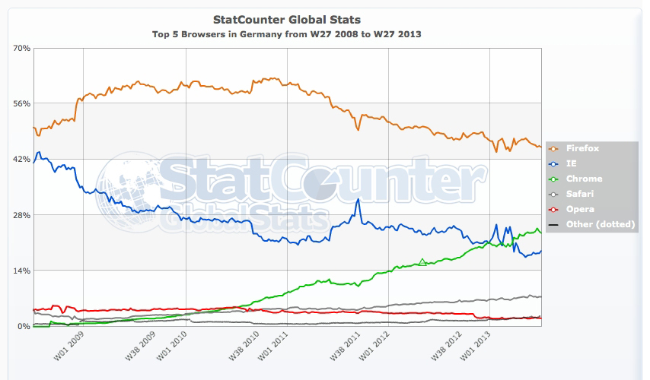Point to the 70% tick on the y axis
(x=21, y=48)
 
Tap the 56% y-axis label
(x=21, y=103)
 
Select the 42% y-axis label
(x=21, y=160)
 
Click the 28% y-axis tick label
(x=21, y=215)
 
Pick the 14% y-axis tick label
(x=21, y=271)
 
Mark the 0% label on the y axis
(x=23, y=326)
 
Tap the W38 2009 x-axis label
(x=140, y=347)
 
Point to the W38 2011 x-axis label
(x=347, y=347)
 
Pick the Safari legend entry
(x=582, y=194)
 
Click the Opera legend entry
(x=581, y=209)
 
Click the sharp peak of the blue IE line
(x=358, y=199)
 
